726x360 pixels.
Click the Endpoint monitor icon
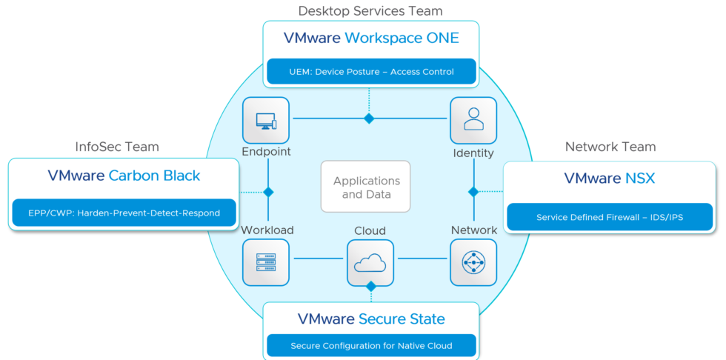[266, 121]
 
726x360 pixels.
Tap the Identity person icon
[473, 121]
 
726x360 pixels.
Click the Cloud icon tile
[370, 262]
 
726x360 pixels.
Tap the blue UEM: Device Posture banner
[370, 73]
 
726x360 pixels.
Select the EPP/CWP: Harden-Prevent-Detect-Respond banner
[124, 213]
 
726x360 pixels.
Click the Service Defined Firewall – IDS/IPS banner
[610, 218]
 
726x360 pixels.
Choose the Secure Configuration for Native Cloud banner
[370, 346]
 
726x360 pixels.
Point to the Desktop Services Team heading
[370, 11]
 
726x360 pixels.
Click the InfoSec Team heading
[117, 147]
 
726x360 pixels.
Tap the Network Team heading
[610, 147]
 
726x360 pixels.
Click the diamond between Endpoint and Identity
[369, 119]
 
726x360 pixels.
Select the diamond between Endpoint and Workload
[268, 192]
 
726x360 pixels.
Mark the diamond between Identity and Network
[473, 192]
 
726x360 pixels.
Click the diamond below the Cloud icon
[371, 286]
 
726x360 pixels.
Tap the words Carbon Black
[154, 176]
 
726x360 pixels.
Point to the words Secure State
[402, 319]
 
